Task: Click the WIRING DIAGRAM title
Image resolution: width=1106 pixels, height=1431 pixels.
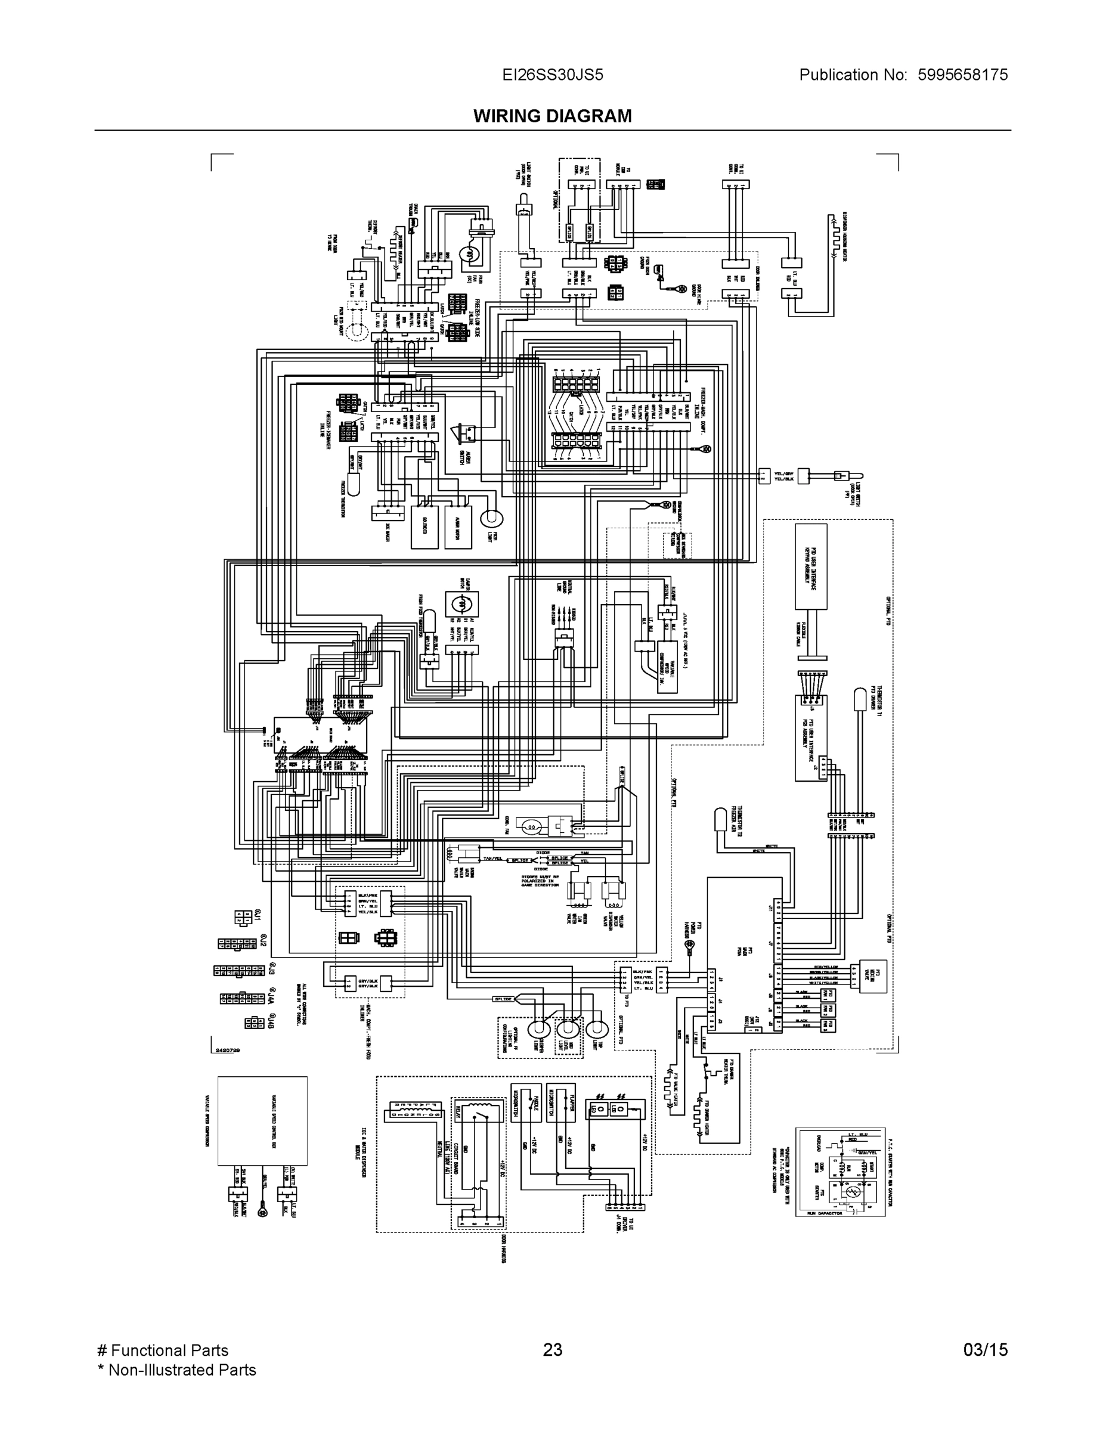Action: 552,116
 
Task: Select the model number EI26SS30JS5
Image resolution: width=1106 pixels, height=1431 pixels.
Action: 552,75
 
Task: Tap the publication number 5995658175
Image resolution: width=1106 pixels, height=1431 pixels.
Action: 962,75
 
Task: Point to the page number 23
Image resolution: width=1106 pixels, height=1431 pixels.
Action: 552,1350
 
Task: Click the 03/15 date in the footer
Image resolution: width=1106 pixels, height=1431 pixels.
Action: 985,1350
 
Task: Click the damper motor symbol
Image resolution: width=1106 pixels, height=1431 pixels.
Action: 461,603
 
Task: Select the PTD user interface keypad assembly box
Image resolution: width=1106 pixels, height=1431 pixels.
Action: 811,566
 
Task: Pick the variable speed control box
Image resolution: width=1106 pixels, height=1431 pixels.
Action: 262,1120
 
